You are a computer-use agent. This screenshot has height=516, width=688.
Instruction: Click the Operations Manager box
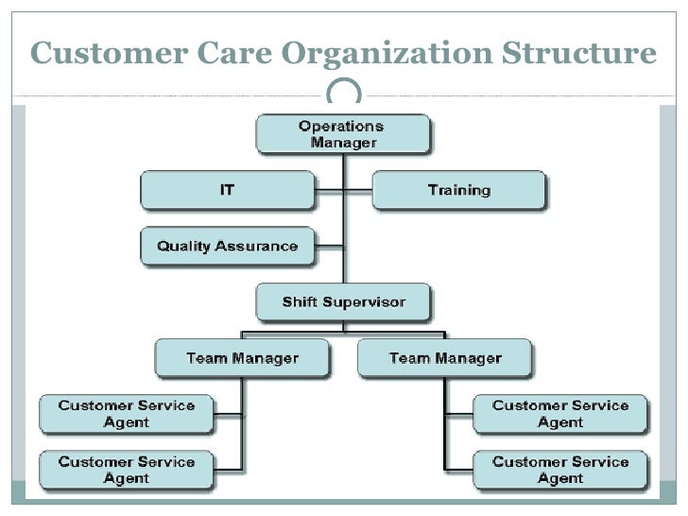[343, 134]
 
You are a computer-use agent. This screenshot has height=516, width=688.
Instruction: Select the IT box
[227, 190]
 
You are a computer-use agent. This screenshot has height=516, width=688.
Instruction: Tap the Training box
[458, 190]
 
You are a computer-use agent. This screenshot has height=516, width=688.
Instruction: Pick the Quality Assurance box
[227, 247]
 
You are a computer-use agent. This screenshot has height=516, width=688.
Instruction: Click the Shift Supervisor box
[343, 302]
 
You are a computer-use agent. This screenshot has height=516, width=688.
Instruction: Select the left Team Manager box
[242, 358]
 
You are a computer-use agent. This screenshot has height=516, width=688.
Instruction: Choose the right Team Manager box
[445, 358]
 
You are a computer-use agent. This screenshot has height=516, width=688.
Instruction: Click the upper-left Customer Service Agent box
[127, 414]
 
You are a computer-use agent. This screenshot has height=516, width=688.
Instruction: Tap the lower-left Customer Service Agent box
[127, 470]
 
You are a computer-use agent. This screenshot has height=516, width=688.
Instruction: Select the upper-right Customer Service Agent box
[560, 414]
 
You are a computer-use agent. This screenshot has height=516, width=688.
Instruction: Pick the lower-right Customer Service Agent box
[560, 470]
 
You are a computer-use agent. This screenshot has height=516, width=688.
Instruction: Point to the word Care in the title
[243, 53]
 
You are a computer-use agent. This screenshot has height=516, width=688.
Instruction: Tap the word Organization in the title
[396, 53]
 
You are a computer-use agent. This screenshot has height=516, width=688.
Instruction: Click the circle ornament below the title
[343, 93]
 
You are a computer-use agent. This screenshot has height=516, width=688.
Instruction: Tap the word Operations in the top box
[341, 126]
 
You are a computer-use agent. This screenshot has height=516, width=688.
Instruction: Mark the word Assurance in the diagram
[258, 247]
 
